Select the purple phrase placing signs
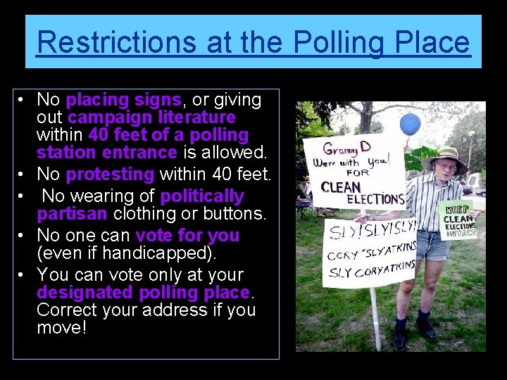124,100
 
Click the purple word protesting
110,174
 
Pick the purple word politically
202,196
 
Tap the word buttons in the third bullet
233,213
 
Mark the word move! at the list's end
61,327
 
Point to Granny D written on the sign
339,149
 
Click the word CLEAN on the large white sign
341,187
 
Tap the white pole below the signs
375,317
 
